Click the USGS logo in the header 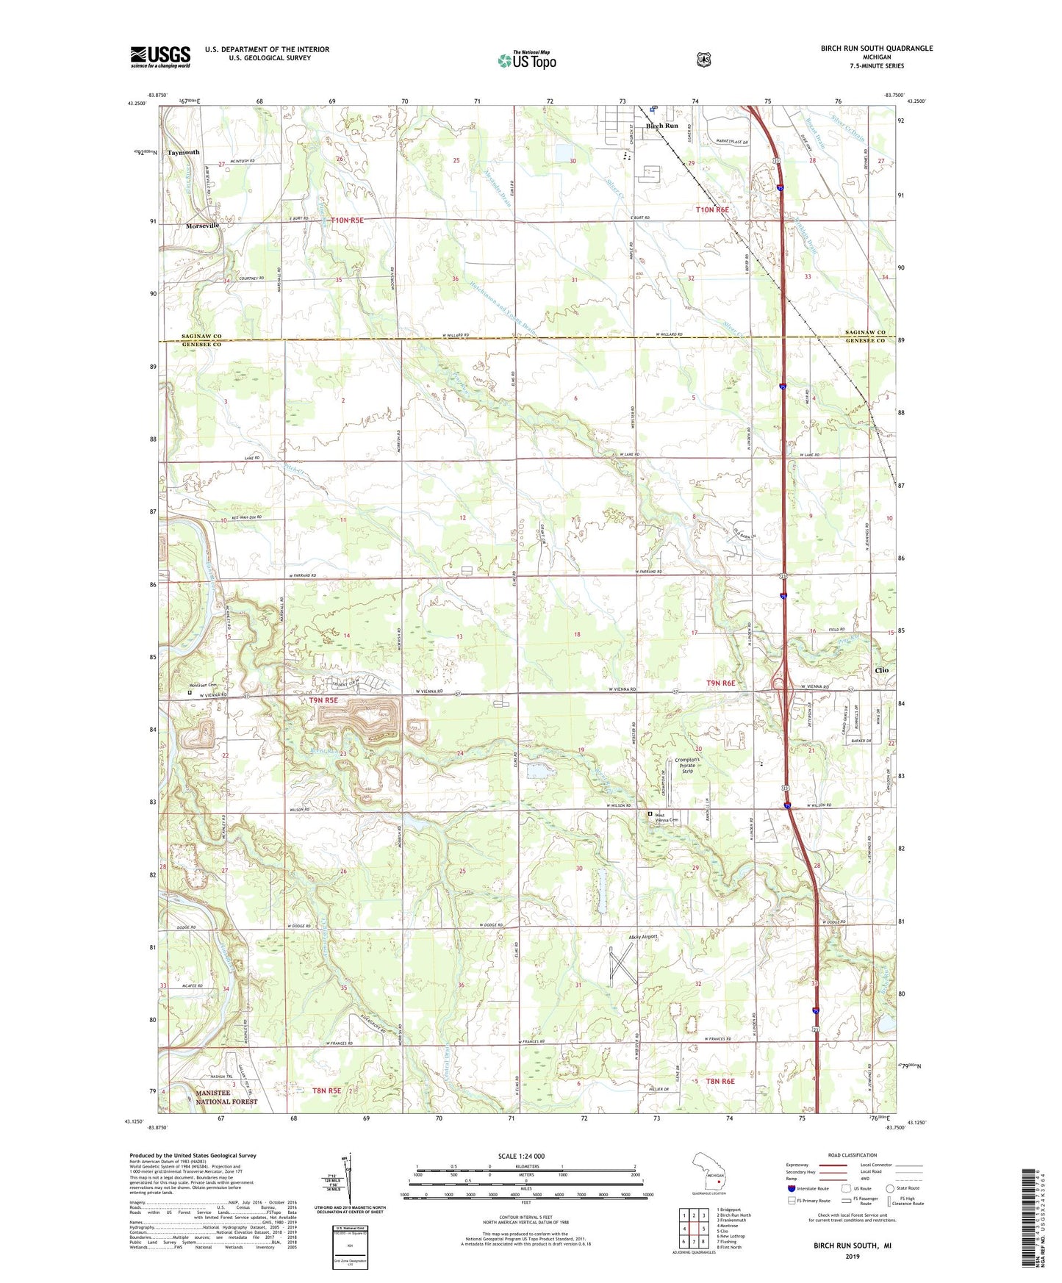click(x=160, y=56)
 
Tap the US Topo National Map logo click(x=526, y=60)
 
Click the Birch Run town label click(x=661, y=126)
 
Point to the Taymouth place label click(x=183, y=152)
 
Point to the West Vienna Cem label click(x=667, y=818)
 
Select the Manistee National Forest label click(x=226, y=1097)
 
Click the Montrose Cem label click(x=202, y=685)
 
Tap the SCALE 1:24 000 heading click(x=521, y=1156)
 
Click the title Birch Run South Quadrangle click(x=877, y=48)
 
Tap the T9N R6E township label click(x=720, y=683)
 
